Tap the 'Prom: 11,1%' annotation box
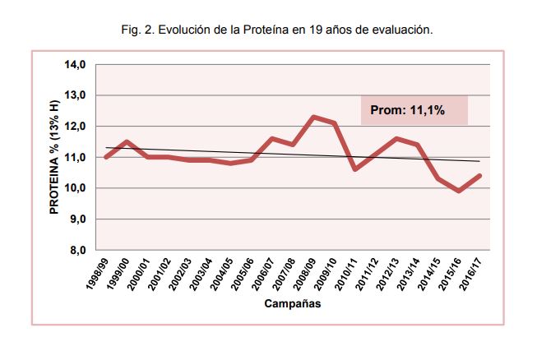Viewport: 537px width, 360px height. (414, 110)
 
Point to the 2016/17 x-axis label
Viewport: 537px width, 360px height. (472, 274)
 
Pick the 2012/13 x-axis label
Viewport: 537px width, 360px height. (389, 274)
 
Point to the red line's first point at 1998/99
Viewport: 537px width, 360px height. (106, 157)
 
